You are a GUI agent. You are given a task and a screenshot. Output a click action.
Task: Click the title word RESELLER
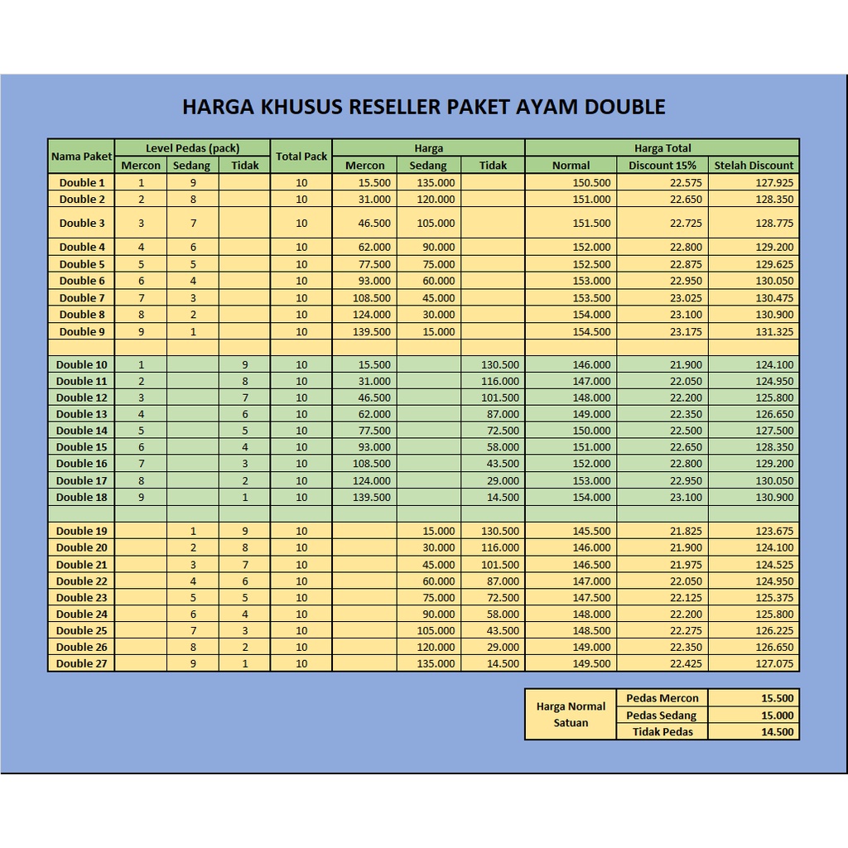[x=397, y=107]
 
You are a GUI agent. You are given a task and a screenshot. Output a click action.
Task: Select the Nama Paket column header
[x=81, y=157]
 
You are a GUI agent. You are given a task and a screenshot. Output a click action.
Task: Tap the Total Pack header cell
[x=301, y=157]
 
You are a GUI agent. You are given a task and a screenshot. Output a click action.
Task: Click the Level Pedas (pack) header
[x=192, y=148]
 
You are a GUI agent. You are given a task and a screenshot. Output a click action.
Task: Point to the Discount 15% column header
[x=662, y=166]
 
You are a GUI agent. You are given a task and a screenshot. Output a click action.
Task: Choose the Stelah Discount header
[x=754, y=166]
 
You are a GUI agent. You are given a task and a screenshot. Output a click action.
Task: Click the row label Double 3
[x=82, y=223]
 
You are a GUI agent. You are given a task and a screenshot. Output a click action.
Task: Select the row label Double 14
[x=82, y=431]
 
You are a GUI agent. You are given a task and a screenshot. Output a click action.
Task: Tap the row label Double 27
[x=82, y=663]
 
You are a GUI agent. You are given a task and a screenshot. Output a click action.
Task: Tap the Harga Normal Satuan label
[x=571, y=715]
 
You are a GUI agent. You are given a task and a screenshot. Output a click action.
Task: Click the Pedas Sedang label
[x=662, y=715]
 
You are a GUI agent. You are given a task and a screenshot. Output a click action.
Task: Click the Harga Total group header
[x=662, y=148]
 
